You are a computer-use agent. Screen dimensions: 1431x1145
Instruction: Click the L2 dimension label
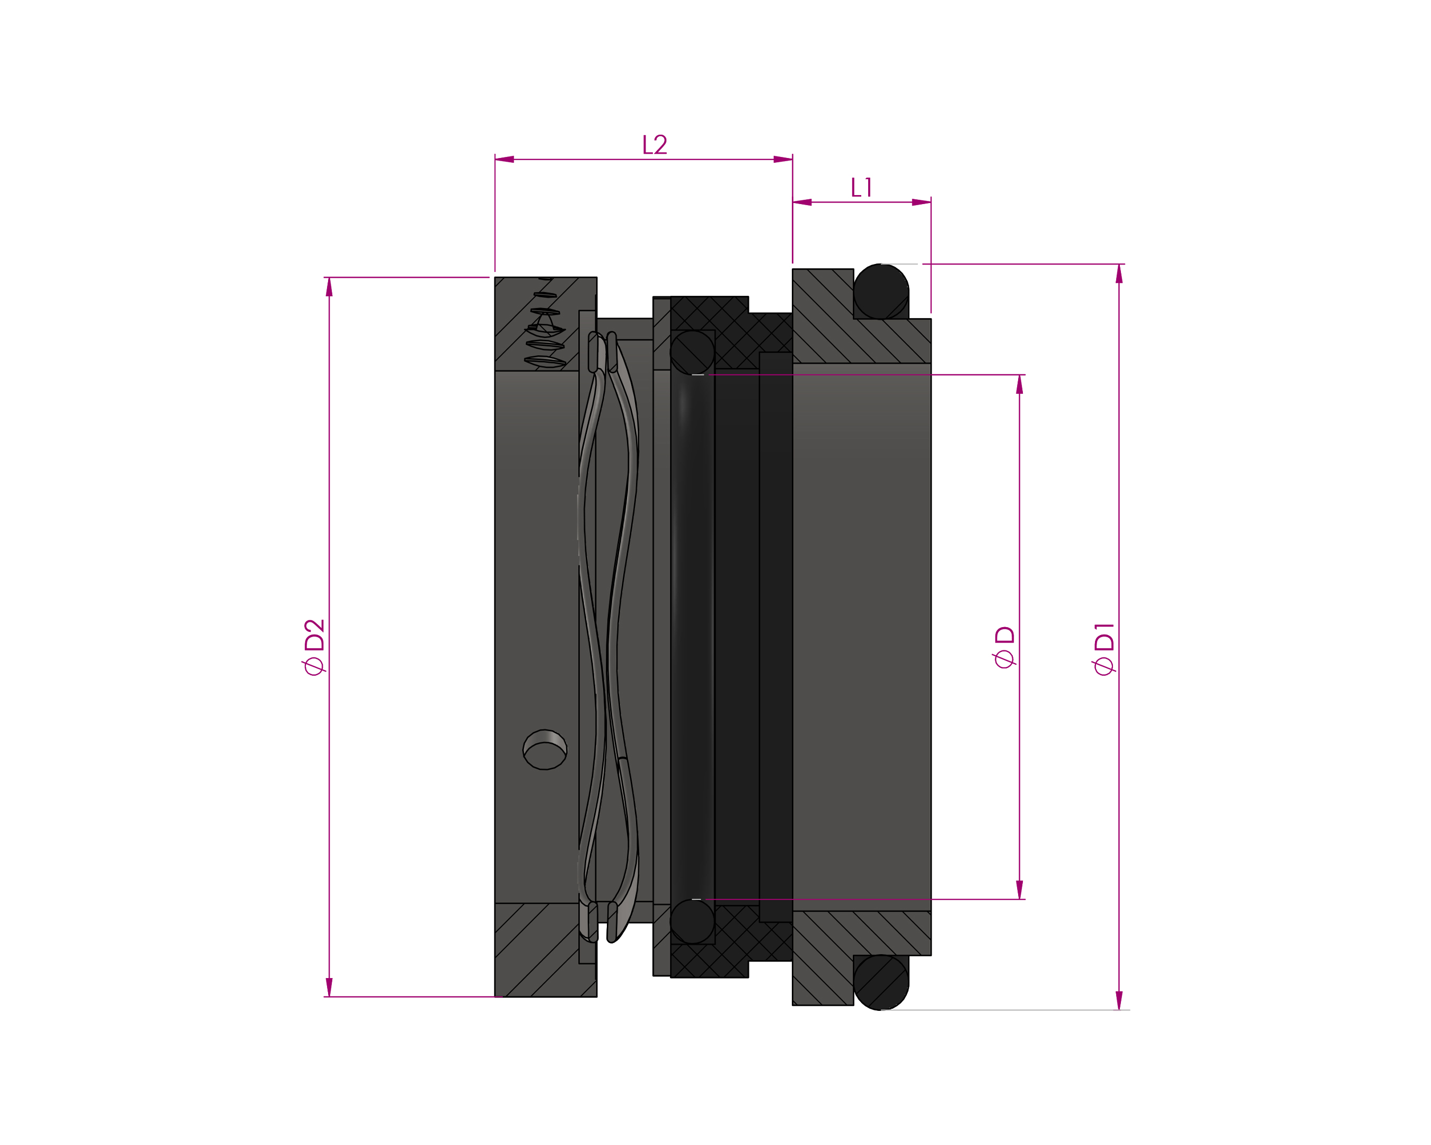(655, 145)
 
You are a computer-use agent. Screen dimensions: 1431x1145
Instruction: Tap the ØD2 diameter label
(314, 647)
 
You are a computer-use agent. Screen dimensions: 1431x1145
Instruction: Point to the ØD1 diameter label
(1104, 648)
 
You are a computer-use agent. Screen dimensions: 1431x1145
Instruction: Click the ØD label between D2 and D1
(1004, 647)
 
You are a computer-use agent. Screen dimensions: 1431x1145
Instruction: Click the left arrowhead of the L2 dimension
(505, 160)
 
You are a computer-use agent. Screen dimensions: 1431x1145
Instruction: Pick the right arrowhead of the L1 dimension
(921, 202)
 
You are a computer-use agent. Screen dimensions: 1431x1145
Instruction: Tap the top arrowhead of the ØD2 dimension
(329, 287)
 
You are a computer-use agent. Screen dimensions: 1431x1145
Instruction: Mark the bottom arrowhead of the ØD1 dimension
(1119, 1000)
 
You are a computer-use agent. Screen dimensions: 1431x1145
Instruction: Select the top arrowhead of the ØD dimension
(1020, 384)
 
